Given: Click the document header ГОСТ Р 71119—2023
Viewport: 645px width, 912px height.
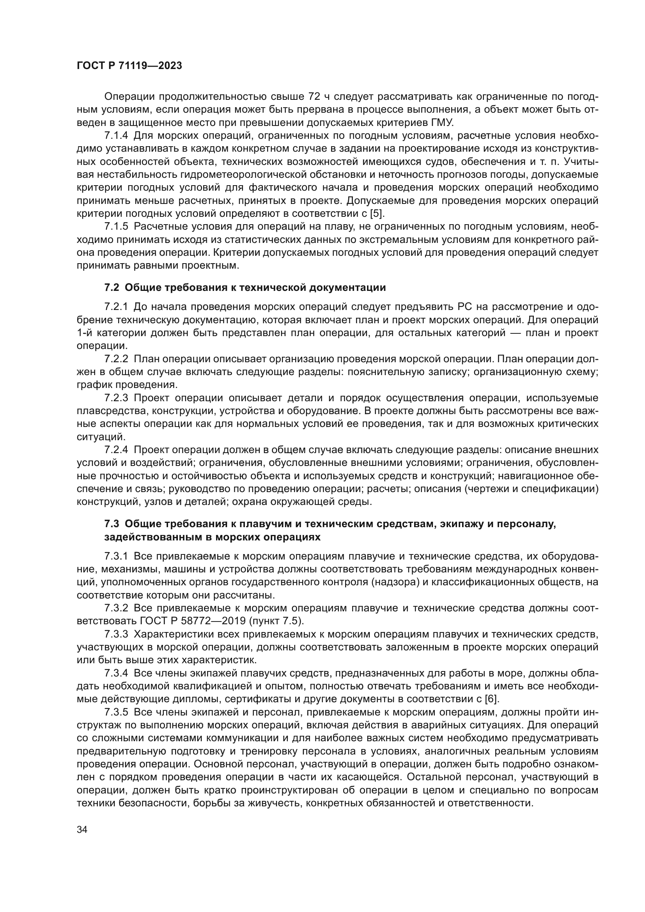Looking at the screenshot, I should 129,66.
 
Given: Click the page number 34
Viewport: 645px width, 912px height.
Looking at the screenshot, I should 82,829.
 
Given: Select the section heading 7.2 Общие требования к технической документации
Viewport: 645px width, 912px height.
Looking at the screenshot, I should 245,288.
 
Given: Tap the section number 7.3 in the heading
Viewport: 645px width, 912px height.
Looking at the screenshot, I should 112,524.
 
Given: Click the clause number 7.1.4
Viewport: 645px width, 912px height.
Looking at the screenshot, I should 116,136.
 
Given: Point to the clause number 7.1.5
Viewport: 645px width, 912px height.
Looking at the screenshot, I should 116,227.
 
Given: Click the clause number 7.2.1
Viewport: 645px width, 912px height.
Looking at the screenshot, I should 116,306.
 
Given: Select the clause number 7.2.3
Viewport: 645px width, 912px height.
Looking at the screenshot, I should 116,398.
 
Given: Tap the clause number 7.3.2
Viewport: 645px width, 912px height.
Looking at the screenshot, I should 116,608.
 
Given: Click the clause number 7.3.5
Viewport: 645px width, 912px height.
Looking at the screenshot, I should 116,712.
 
